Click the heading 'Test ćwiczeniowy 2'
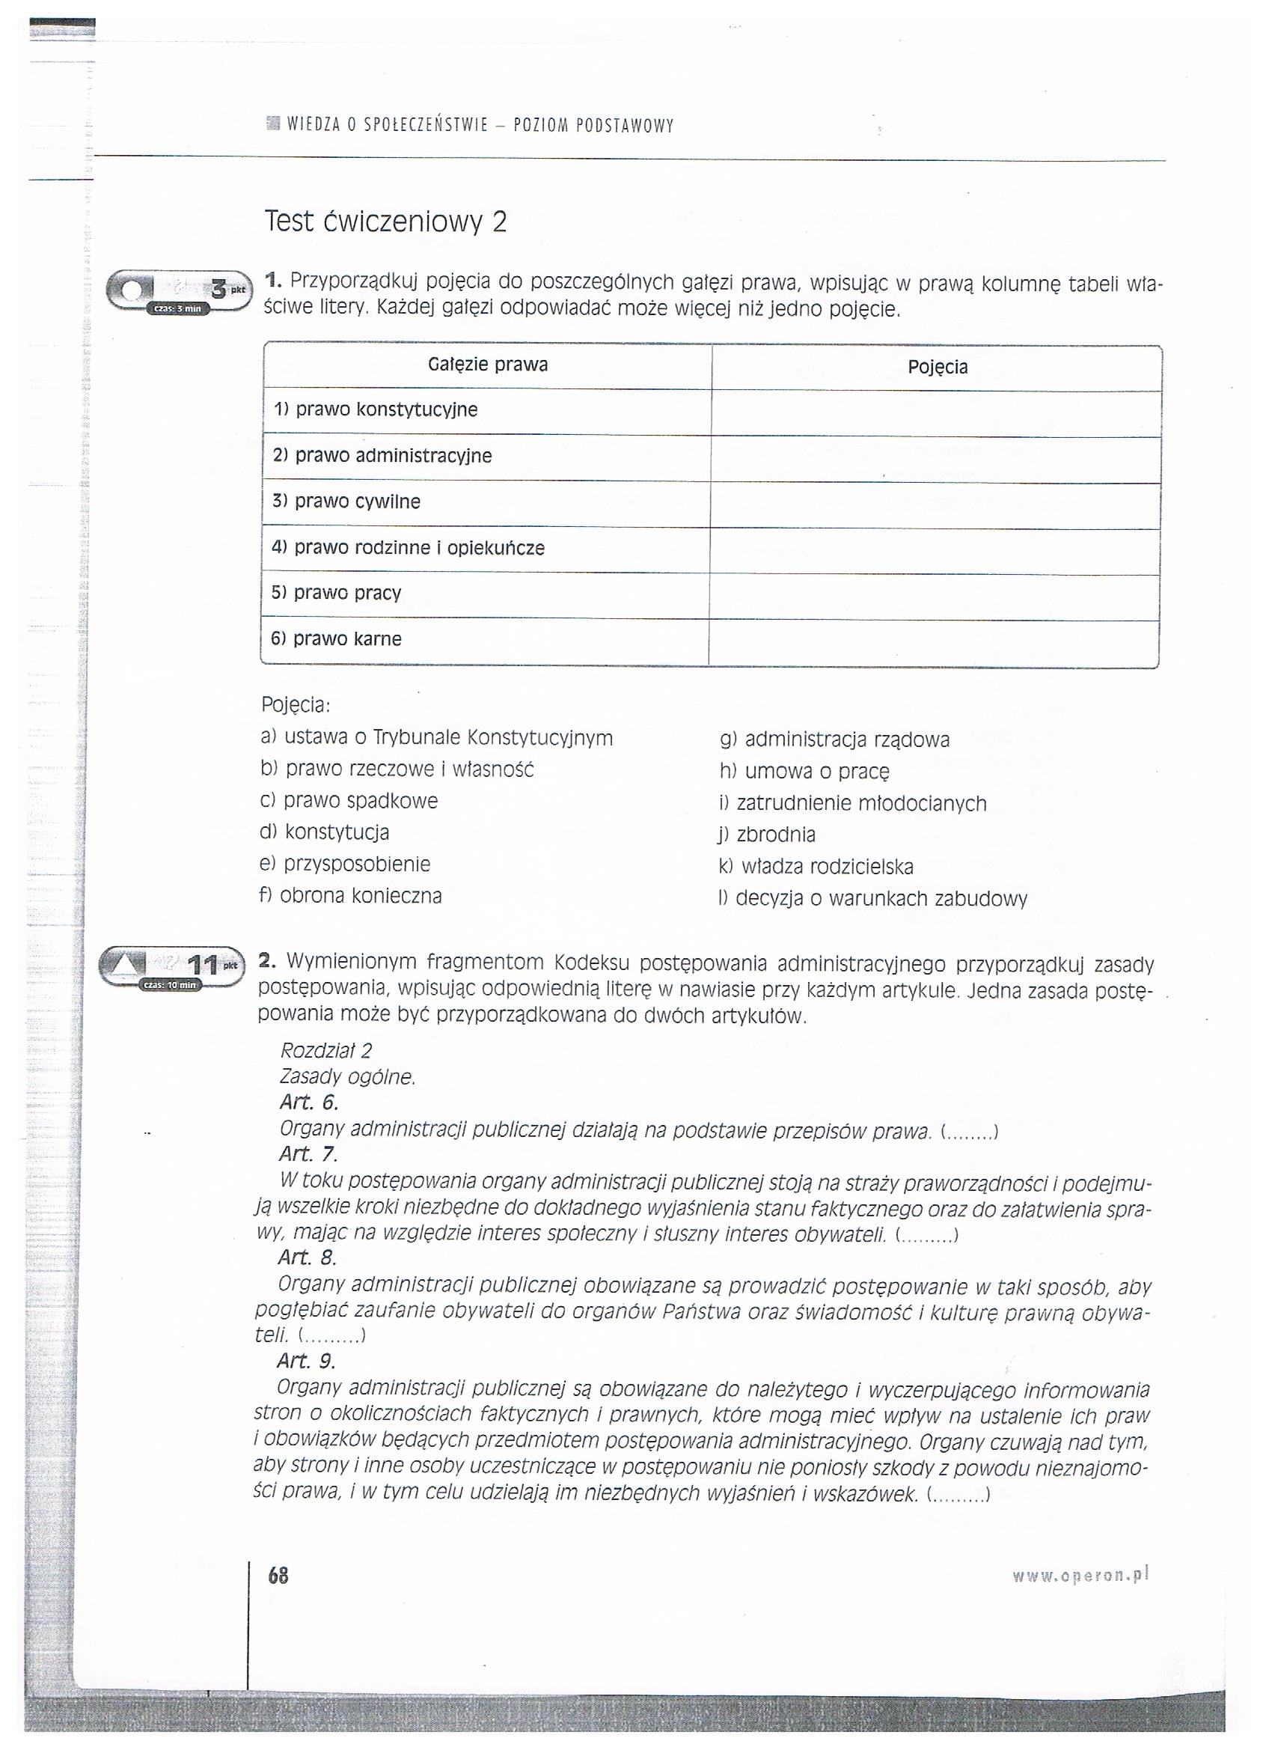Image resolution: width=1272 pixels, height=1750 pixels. [x=385, y=222]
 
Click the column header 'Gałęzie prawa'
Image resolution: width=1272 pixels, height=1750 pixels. [x=488, y=365]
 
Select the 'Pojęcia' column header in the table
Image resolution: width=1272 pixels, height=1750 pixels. [x=938, y=368]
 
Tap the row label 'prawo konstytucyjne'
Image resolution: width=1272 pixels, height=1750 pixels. [x=376, y=409]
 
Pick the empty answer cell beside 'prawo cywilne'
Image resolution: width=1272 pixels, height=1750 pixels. [x=935, y=505]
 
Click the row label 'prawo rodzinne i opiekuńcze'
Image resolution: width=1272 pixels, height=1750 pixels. [x=408, y=548]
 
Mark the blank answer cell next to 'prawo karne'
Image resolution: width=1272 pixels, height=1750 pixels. [x=933, y=643]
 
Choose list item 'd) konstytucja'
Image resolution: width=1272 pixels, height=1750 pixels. [x=325, y=832]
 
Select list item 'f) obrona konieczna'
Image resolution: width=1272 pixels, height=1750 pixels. [x=351, y=896]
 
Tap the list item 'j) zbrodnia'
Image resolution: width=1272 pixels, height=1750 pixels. [x=767, y=835]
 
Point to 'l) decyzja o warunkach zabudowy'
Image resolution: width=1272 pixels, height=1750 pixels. [x=872, y=899]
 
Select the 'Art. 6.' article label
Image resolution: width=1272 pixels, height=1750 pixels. [x=309, y=1103]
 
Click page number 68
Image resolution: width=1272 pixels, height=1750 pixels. [x=278, y=1576]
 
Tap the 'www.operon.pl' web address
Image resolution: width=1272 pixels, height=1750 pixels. [x=1080, y=1575]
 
